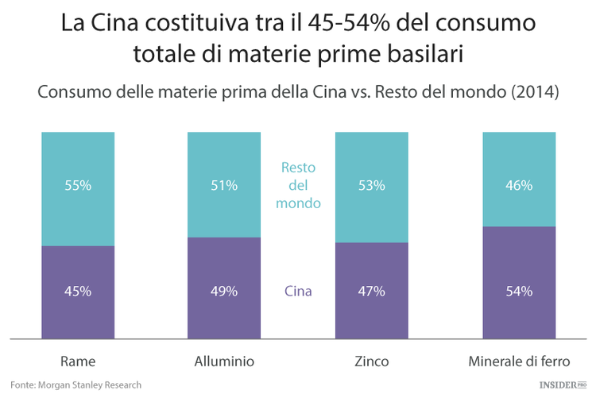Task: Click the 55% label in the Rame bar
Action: [x=78, y=186]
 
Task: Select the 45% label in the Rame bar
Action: [x=78, y=291]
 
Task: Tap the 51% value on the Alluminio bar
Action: [x=224, y=186]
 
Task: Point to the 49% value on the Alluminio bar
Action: [x=224, y=291]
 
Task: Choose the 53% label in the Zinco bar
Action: [x=372, y=186]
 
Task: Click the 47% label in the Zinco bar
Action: [x=372, y=291]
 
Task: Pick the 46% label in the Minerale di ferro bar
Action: [x=519, y=186]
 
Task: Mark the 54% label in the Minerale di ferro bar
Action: [x=519, y=291]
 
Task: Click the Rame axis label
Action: [x=78, y=361]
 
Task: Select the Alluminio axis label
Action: [x=224, y=361]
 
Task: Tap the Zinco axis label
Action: [x=372, y=361]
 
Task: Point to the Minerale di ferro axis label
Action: [x=519, y=361]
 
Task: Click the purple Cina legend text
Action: [x=298, y=291]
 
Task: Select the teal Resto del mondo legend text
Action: [x=298, y=186]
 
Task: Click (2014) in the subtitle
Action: [x=536, y=92]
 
